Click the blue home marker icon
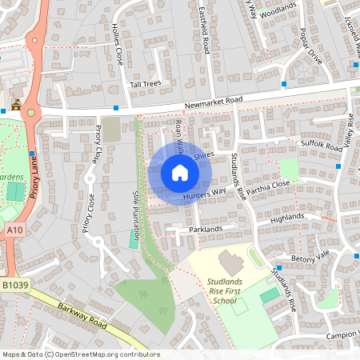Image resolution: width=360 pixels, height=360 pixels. [180, 173]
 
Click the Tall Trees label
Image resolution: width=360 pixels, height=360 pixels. [146, 84]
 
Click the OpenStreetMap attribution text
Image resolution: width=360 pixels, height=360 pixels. [80, 354]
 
